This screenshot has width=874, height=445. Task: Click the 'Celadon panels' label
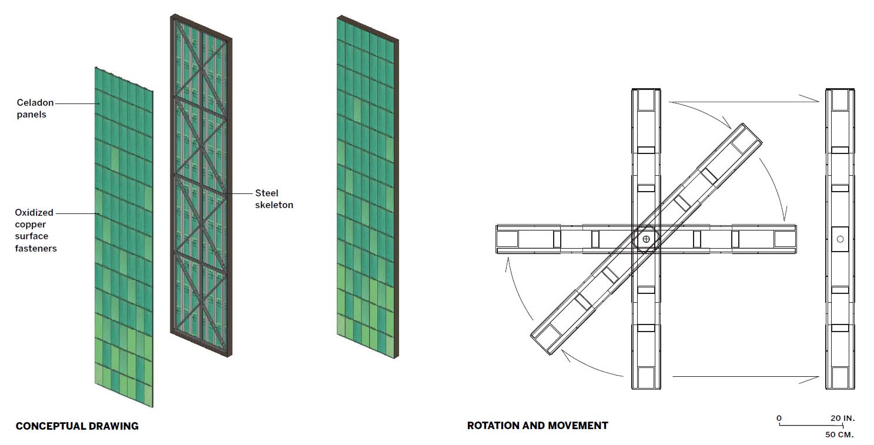click(x=35, y=109)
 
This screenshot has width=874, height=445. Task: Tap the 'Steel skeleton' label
click(x=274, y=199)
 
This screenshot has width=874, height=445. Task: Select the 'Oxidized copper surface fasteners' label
click(x=35, y=230)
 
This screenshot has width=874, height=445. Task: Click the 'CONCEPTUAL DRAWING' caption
click(x=77, y=426)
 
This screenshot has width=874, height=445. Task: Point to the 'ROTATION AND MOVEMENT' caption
click(x=537, y=426)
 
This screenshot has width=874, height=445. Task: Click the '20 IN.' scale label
click(x=842, y=418)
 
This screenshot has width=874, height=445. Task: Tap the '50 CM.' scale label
click(x=839, y=434)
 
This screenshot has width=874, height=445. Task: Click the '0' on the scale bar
click(x=779, y=418)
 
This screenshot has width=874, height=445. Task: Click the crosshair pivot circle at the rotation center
click(x=646, y=239)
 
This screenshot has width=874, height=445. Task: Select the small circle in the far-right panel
click(x=840, y=239)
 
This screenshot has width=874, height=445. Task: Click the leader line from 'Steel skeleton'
click(x=239, y=193)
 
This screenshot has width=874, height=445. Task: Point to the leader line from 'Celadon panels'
click(x=77, y=103)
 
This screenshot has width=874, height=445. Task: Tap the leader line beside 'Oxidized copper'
click(x=77, y=213)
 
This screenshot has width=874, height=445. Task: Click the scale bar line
click(x=811, y=424)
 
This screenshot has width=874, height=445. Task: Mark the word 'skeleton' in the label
click(x=274, y=205)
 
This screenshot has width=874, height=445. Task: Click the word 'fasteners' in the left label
click(x=36, y=248)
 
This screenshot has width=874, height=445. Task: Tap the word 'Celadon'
click(x=35, y=103)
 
